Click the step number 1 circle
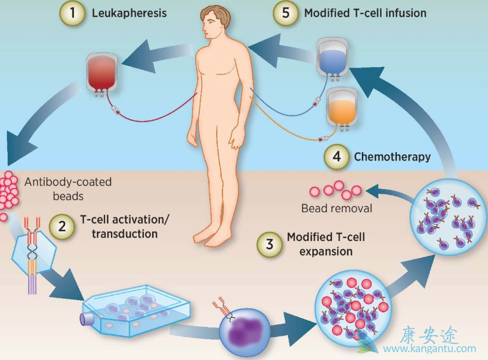(x=73, y=13)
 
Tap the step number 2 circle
(x=61, y=226)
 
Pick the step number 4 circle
(x=336, y=157)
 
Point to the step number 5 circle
(x=286, y=13)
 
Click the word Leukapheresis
(x=129, y=13)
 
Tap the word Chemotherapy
(x=392, y=157)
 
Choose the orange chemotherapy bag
(x=343, y=106)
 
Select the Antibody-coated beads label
(x=68, y=189)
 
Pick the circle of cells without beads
(x=446, y=214)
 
